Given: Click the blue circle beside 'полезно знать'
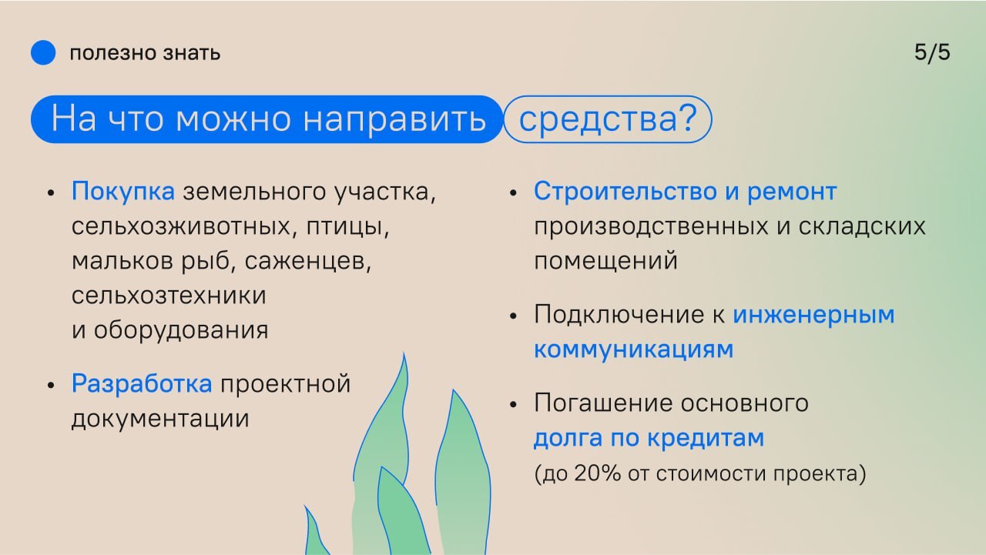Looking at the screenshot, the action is (x=43, y=52).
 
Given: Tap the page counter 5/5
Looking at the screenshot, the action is (x=932, y=53).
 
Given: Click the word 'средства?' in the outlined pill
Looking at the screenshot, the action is (x=608, y=119).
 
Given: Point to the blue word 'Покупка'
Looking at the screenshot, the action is (x=123, y=192).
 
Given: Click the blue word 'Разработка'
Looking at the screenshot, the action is (x=142, y=384).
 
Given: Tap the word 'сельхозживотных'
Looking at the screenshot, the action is (x=181, y=226).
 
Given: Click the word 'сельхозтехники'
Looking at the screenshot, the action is (x=169, y=295).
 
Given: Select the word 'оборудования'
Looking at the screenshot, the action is (x=181, y=330).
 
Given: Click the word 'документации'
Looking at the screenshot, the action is (x=160, y=419).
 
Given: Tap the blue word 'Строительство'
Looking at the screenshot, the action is (x=625, y=192).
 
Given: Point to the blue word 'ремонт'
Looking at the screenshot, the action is (x=792, y=192).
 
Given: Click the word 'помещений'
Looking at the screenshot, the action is (x=605, y=261).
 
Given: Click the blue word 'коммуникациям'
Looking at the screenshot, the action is (x=634, y=350).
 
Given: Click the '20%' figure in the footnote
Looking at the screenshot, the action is (x=597, y=473).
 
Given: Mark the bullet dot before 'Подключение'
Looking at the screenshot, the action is (x=513, y=316).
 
